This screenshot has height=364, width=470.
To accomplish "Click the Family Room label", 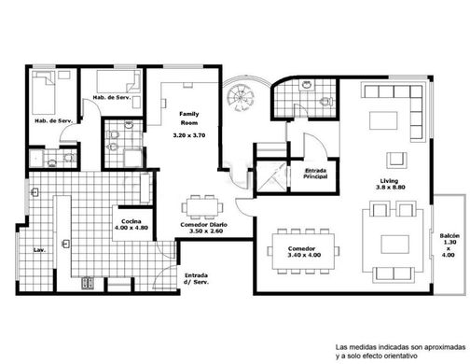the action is click(189, 119).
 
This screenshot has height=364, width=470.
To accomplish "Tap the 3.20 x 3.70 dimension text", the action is click(189, 135).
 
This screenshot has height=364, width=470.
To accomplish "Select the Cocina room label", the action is click(131, 221).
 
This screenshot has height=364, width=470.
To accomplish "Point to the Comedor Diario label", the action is click(204, 225).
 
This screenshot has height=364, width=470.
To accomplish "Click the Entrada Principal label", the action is click(315, 174).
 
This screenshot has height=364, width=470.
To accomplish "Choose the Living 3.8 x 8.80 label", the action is click(390, 184).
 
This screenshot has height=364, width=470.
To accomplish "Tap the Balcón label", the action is click(449, 236).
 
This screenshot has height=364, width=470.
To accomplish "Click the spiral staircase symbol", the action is click(241, 97).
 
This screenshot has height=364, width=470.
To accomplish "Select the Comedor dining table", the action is click(303, 251).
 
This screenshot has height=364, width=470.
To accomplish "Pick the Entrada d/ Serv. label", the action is click(196, 279).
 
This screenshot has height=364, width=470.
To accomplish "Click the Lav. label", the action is click(39, 249).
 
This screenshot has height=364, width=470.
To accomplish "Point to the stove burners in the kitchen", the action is click(88, 283).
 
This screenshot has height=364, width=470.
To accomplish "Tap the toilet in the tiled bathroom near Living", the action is click(326, 102).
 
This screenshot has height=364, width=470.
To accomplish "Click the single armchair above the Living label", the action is click(396, 160).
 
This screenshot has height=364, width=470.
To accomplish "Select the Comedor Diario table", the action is click(202, 207).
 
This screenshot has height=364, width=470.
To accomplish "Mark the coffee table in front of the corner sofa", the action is click(383, 120).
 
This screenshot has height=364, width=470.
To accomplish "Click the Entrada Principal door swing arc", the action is click(320, 141).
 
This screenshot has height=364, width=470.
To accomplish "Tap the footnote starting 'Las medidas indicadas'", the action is click(400, 351).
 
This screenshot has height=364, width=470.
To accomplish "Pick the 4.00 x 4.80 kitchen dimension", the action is click(131, 228).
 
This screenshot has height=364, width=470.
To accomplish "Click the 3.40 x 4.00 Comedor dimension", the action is click(304, 255).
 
